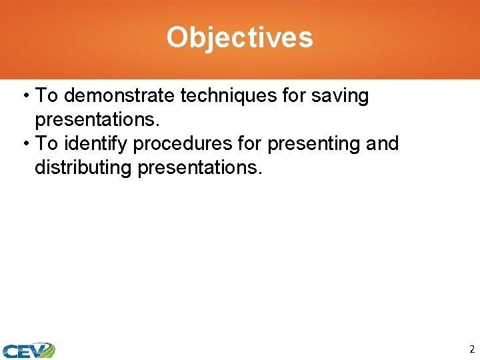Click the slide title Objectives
239,37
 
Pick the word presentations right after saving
93,120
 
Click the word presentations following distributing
198,168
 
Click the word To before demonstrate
47,96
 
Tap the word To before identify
47,143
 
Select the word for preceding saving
293,96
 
